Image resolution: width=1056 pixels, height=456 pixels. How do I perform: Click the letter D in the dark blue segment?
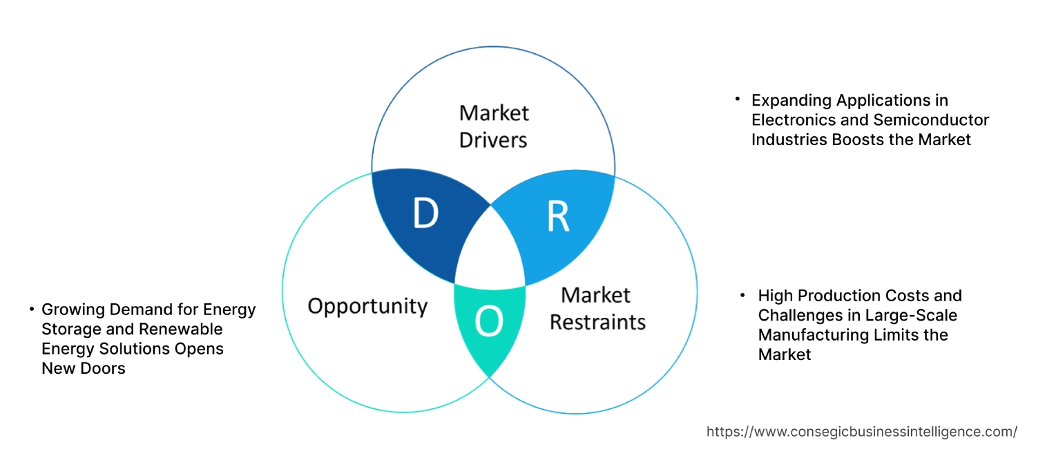(x=425, y=213)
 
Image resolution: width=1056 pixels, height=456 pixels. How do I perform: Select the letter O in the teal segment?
(x=489, y=323)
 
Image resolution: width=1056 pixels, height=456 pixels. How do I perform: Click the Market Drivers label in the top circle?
(x=493, y=126)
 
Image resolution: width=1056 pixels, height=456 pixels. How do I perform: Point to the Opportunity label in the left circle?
(x=367, y=306)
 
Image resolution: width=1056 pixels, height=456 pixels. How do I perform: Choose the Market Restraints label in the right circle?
(x=597, y=308)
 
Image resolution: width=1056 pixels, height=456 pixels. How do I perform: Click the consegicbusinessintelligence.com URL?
(x=861, y=432)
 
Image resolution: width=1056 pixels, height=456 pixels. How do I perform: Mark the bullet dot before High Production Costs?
(x=742, y=296)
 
